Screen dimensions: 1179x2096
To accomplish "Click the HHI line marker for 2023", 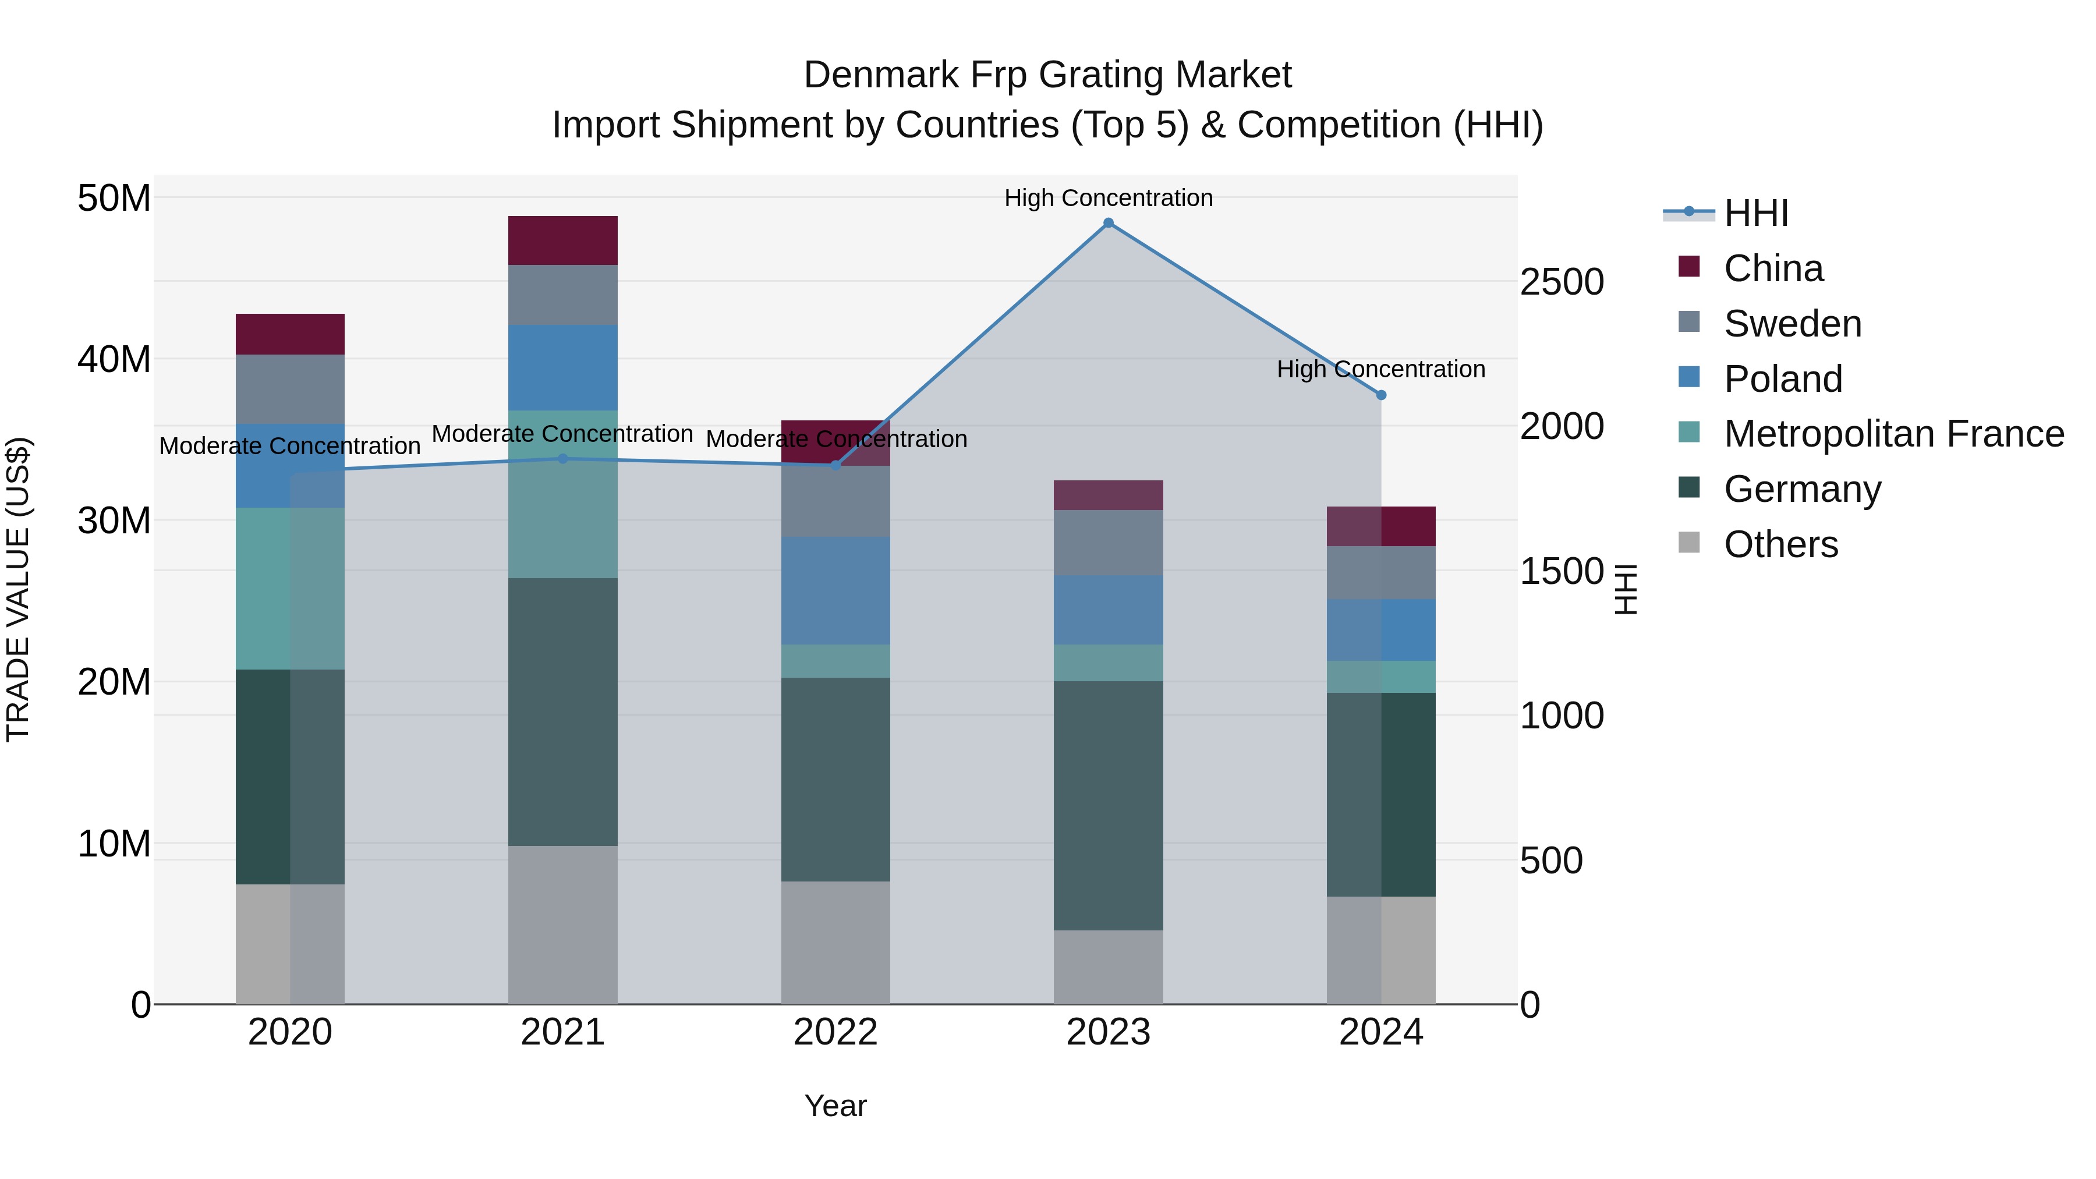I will pos(1108,223).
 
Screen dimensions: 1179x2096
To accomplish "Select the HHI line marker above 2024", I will pos(1381,395).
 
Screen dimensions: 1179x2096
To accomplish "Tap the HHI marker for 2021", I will pos(562,459).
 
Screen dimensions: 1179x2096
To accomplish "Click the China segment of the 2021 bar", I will pos(562,241).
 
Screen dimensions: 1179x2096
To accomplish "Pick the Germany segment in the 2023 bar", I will pos(1108,806).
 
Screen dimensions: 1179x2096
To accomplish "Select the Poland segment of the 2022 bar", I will pos(835,591).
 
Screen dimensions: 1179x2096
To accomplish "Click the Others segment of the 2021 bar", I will pos(562,925).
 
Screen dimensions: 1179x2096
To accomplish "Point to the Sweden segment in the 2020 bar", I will pos(290,389).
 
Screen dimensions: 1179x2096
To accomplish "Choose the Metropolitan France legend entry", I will pos(1893,434).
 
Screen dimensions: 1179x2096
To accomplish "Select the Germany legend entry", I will pos(1802,489).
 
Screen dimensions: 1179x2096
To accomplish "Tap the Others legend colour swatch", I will pos(1689,543).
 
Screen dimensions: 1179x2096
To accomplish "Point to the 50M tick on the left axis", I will pos(114,199).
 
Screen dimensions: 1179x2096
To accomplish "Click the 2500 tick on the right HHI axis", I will pos(1562,282).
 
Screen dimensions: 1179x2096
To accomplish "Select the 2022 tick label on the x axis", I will pos(835,1032).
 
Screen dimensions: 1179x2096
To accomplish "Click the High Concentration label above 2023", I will pos(1108,198).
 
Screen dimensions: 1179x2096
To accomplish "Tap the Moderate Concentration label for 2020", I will pos(290,446).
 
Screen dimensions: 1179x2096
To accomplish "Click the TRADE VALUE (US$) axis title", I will pos(18,589).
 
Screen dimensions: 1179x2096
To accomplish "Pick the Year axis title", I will pos(835,1106).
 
